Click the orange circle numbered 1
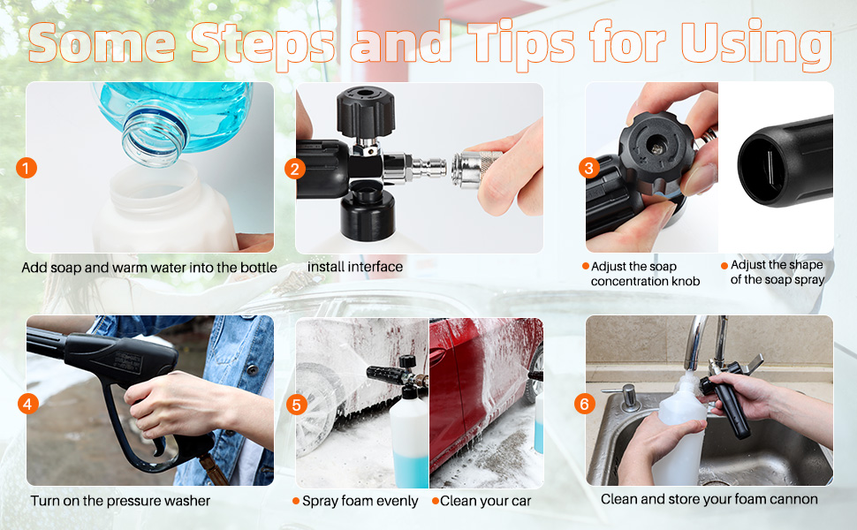coord(27,169)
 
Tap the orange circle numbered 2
coord(295,169)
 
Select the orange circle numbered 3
coord(589,168)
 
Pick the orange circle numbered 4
coord(28,405)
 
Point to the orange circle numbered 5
coord(296,405)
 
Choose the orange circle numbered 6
coord(584,404)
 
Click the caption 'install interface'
coord(354,267)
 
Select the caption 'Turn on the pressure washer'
coord(120,501)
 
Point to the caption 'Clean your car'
coord(485,501)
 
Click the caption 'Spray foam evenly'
coord(360,501)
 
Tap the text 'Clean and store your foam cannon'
coord(709,499)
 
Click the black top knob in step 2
coord(365,111)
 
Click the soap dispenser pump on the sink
coord(628,396)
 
